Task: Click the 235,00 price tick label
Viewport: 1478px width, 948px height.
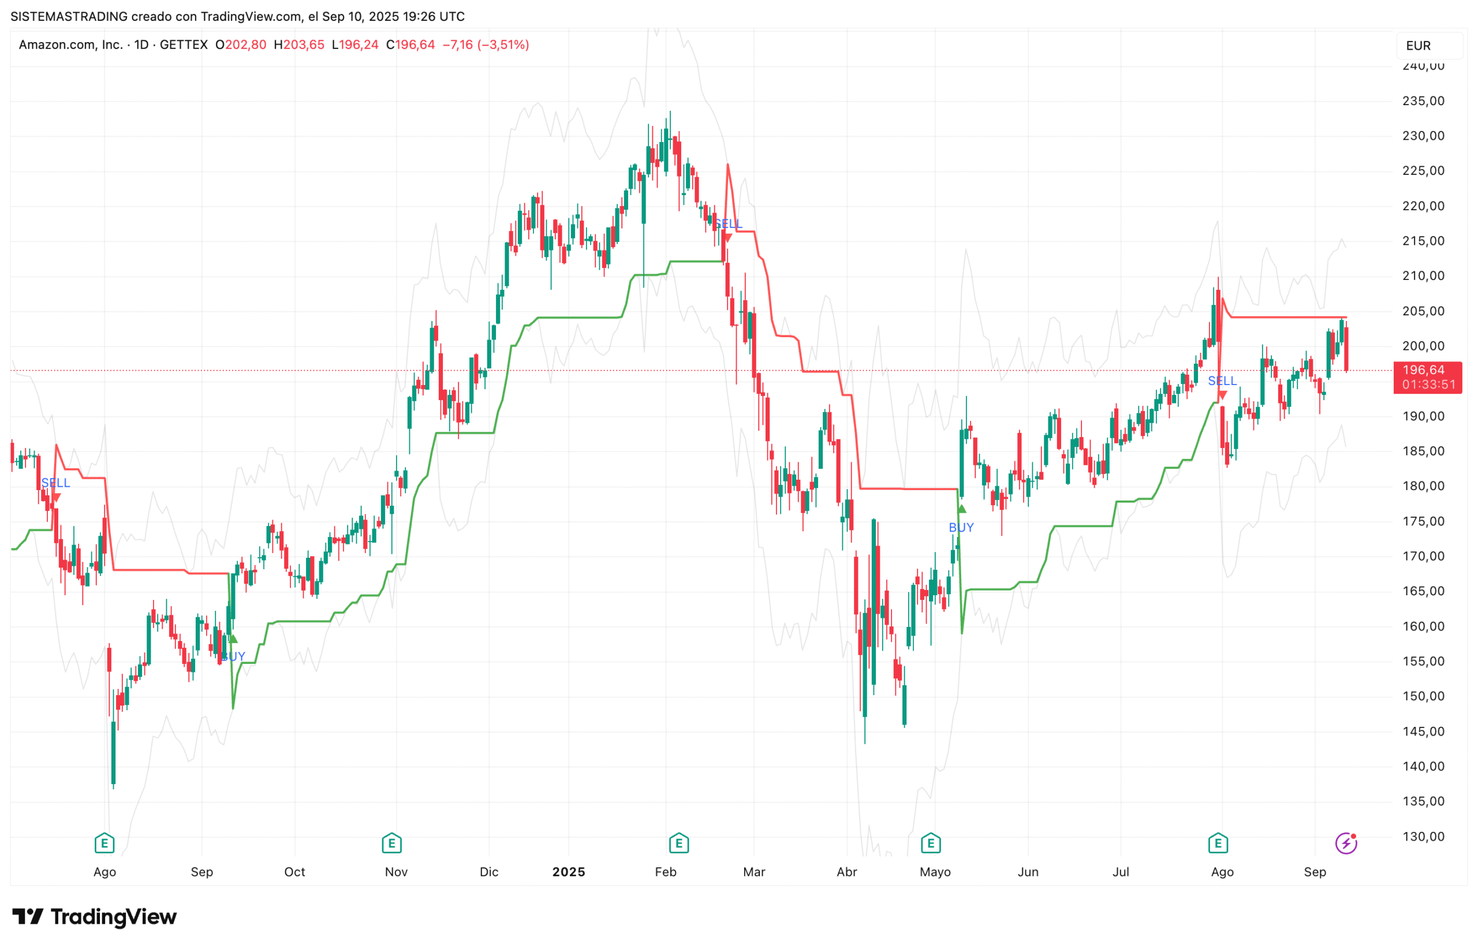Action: pyautogui.click(x=1423, y=101)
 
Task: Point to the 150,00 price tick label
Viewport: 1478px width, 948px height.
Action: pyautogui.click(x=1423, y=696)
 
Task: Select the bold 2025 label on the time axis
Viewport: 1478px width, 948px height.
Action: pyautogui.click(x=568, y=872)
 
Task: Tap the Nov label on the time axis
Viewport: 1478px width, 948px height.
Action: pyautogui.click(x=396, y=872)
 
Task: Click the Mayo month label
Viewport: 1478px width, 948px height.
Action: pyautogui.click(x=935, y=872)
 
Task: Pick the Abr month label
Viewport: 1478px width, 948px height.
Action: pyautogui.click(x=846, y=872)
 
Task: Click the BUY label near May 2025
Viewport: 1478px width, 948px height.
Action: pyautogui.click(x=960, y=528)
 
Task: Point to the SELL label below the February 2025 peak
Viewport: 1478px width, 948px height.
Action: pyautogui.click(x=728, y=223)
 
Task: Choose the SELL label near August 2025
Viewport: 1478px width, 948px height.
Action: pyautogui.click(x=1221, y=381)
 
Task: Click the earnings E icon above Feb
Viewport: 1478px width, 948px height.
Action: pyautogui.click(x=678, y=843)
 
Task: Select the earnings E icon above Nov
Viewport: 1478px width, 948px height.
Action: pyautogui.click(x=391, y=843)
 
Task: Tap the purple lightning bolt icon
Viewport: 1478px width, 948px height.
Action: pyautogui.click(x=1346, y=843)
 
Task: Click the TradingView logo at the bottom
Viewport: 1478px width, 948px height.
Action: pyautogui.click(x=94, y=917)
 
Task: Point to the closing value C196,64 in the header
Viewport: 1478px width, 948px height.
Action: pyautogui.click(x=410, y=45)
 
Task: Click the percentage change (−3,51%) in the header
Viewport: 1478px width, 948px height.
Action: pyautogui.click(x=502, y=45)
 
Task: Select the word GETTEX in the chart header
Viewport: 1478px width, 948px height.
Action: pyautogui.click(x=184, y=45)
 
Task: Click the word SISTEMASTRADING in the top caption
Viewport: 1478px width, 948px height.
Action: pyautogui.click(x=69, y=17)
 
